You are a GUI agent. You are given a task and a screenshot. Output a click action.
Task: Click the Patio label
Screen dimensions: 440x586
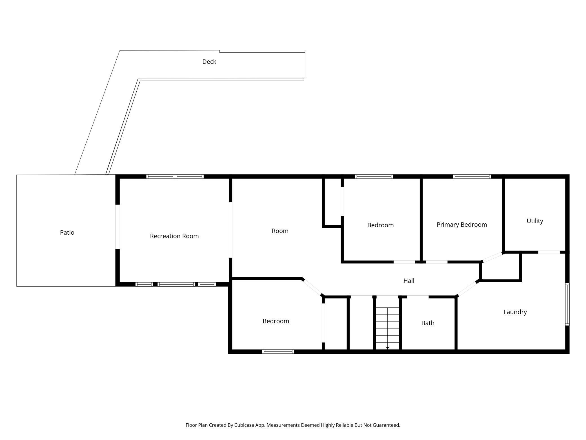pyautogui.click(x=67, y=232)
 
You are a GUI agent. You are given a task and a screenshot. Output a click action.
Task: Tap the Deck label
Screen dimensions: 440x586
pyautogui.click(x=209, y=61)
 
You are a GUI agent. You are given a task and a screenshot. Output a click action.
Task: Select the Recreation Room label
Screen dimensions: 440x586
pyautogui.click(x=174, y=236)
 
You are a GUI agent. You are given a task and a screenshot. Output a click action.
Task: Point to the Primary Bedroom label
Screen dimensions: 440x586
pyautogui.click(x=462, y=225)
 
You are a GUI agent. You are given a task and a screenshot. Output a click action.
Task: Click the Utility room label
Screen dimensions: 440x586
pyautogui.click(x=535, y=221)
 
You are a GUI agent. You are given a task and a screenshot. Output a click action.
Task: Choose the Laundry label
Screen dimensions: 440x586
pyautogui.click(x=515, y=312)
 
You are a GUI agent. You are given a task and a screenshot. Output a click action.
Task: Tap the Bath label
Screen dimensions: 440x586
pyautogui.click(x=428, y=323)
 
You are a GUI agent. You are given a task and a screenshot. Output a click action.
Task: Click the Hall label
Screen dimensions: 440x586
pyautogui.click(x=409, y=281)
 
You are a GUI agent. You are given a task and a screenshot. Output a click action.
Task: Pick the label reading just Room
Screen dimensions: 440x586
pyautogui.click(x=280, y=231)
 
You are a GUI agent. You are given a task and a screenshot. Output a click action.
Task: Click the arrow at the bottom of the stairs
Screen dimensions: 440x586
pyautogui.click(x=387, y=348)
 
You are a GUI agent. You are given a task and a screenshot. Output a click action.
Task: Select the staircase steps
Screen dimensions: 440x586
pyautogui.click(x=387, y=324)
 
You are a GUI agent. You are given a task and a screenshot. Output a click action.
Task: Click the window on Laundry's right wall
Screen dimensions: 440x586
pyautogui.click(x=567, y=304)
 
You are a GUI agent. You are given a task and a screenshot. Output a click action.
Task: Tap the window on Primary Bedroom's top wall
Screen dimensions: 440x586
pyautogui.click(x=472, y=177)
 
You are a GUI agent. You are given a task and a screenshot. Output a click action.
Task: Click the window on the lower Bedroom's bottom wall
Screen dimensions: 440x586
pyautogui.click(x=278, y=351)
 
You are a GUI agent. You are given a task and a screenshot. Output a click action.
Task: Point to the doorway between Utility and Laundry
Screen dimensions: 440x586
pyautogui.click(x=549, y=252)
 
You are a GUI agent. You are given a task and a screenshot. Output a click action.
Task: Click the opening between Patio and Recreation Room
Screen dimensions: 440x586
pyautogui.click(x=117, y=227)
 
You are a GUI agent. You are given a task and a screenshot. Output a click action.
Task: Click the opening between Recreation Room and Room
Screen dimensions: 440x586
pyautogui.click(x=230, y=230)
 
